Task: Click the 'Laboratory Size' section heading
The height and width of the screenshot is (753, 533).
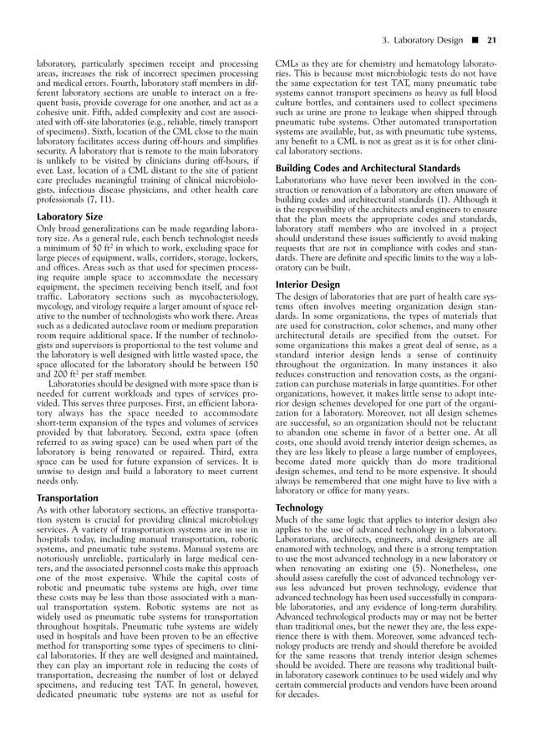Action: pyautogui.click(x=70, y=216)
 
